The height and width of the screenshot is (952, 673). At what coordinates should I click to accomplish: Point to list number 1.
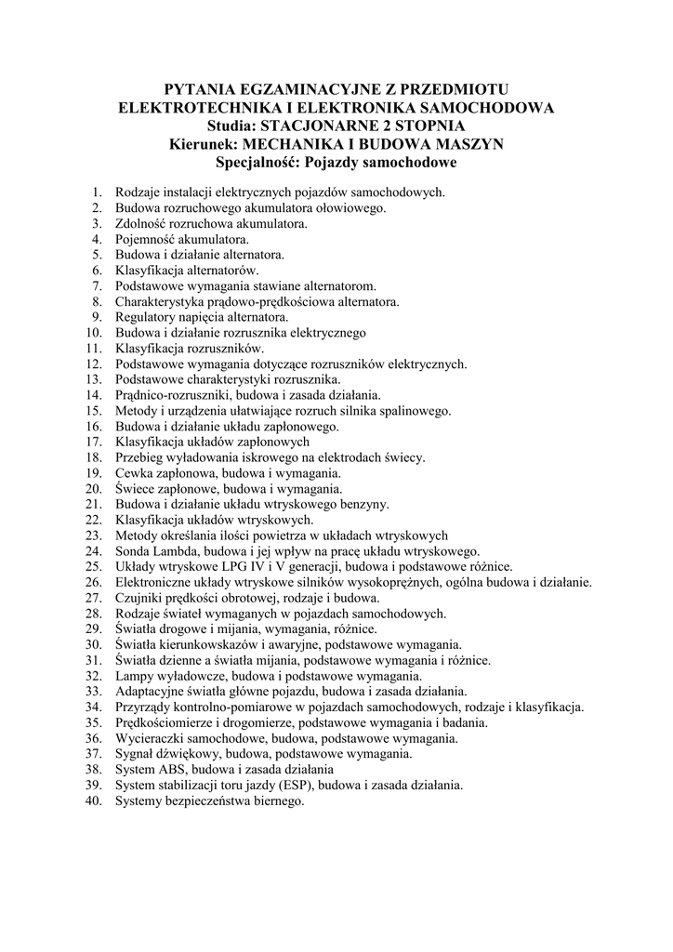point(96,192)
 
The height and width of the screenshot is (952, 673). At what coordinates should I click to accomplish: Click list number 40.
point(92,800)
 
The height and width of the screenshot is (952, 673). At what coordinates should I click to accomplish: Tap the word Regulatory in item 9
point(144,317)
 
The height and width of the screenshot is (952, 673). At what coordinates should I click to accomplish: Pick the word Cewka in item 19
point(134,472)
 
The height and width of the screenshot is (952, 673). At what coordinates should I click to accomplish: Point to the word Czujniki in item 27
point(139,598)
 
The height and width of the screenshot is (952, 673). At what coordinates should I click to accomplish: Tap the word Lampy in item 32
point(134,676)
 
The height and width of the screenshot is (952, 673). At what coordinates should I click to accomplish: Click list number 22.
point(92,520)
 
